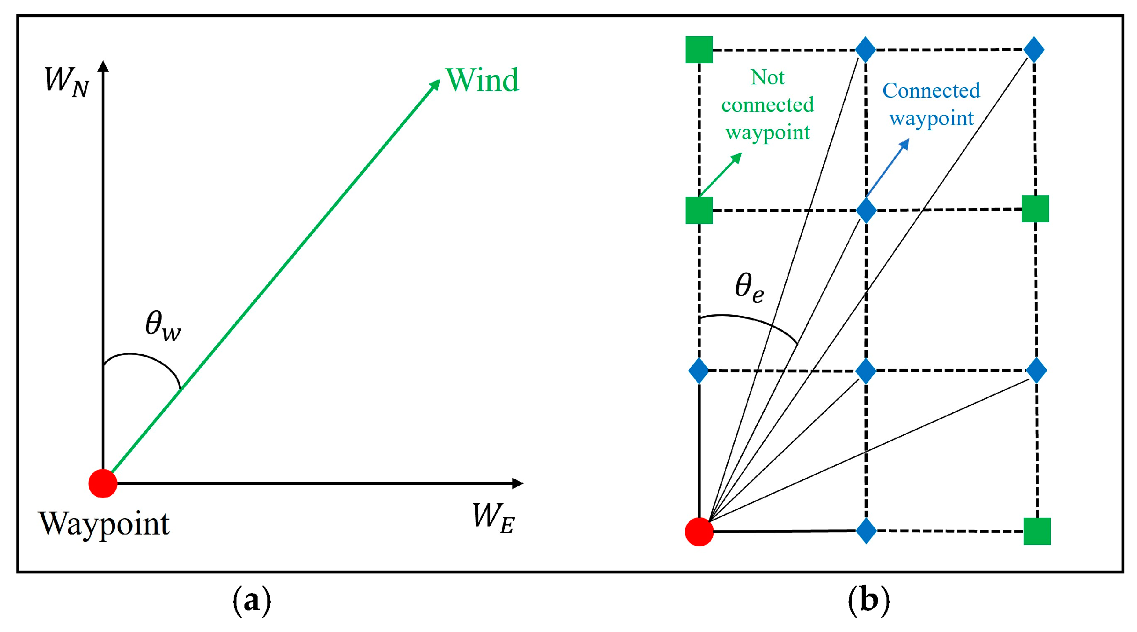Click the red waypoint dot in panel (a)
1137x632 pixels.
(x=103, y=483)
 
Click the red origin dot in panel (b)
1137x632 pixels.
(x=699, y=532)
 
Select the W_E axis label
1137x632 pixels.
(x=494, y=518)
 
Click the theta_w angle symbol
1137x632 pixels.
(x=162, y=325)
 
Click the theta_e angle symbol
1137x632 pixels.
(x=749, y=287)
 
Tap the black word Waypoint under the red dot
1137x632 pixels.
(x=104, y=524)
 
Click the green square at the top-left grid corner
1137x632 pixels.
(x=699, y=49)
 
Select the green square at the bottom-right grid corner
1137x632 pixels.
(x=1037, y=531)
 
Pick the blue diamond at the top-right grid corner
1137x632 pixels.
(x=1034, y=49)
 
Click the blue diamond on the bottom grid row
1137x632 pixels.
(x=866, y=531)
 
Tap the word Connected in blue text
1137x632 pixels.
(x=931, y=90)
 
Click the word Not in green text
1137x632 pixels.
(x=767, y=77)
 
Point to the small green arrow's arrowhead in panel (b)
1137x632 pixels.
(x=738, y=157)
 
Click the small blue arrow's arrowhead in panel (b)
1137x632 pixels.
(x=905, y=143)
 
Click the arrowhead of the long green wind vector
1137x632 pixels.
(x=435, y=85)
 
